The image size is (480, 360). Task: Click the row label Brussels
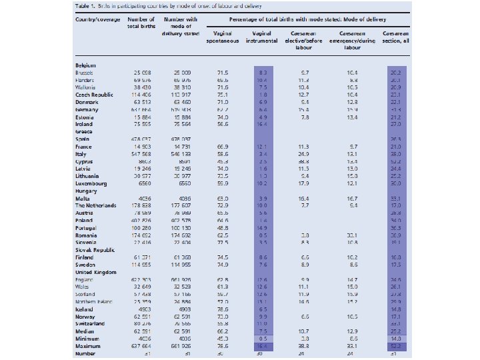(87, 71)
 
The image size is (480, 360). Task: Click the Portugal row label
(88, 229)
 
